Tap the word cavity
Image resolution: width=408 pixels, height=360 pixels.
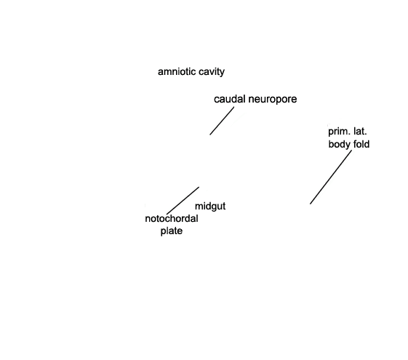point(212,72)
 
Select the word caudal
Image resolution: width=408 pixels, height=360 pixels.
point(230,99)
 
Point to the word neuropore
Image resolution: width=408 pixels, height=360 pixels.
point(273,100)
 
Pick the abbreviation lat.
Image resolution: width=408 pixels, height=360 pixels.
point(360,132)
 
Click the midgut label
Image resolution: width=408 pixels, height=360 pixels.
point(210,207)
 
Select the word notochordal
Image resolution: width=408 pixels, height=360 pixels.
point(172,218)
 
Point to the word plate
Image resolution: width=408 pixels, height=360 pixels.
point(172,231)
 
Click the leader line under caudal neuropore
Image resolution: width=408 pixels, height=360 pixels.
point(222,121)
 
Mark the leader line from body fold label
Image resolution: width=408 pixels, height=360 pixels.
point(331,177)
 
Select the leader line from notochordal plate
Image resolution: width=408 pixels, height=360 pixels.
point(183,201)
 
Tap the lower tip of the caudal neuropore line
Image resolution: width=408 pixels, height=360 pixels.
point(210,135)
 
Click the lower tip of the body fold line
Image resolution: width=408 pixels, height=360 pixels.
point(310,204)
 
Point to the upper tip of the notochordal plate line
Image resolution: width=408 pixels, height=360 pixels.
point(199,187)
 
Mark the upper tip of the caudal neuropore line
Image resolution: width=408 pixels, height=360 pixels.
point(234,107)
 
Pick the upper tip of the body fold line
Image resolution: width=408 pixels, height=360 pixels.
point(352,150)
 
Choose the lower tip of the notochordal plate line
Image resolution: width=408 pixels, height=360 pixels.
point(167,215)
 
